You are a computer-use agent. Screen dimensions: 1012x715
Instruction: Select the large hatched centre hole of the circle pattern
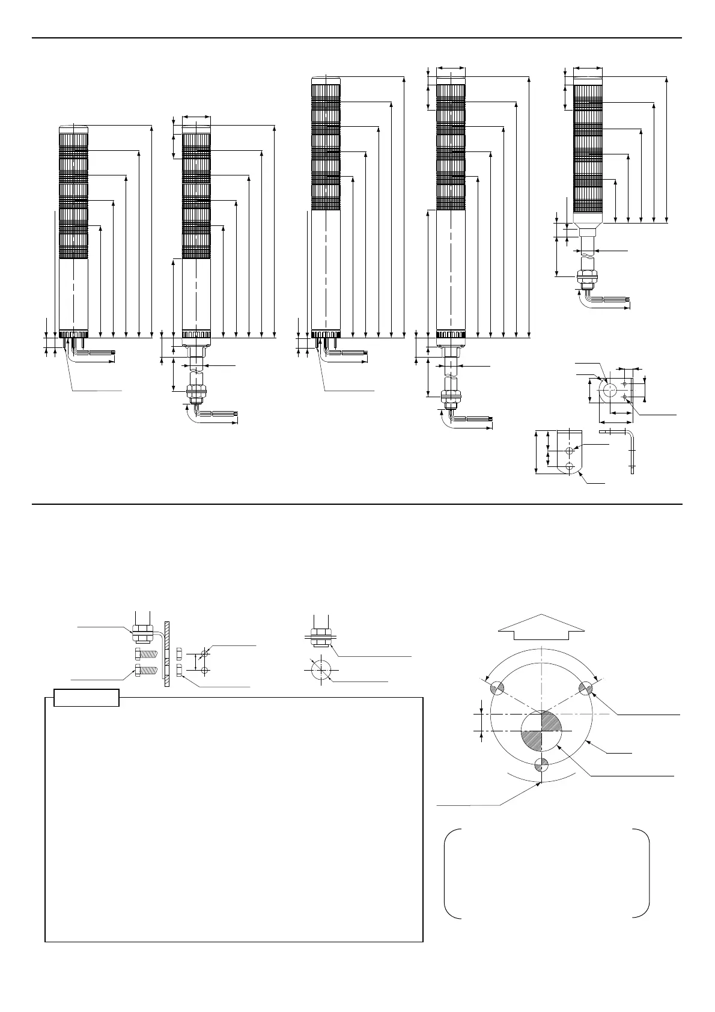coord(541,731)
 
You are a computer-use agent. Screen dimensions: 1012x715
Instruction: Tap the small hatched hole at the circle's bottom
coord(541,764)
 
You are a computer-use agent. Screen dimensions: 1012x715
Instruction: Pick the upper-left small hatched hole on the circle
coord(497,688)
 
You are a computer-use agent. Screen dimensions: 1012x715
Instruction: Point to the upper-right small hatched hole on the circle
coord(586,688)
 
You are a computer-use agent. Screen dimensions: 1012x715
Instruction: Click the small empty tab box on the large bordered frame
coord(87,698)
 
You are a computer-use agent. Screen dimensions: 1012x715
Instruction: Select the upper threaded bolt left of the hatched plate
coord(147,654)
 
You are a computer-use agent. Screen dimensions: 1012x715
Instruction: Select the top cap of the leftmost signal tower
coord(73,128)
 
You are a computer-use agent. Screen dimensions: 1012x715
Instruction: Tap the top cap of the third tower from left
coord(325,79)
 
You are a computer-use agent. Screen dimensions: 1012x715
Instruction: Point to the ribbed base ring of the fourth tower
coord(451,334)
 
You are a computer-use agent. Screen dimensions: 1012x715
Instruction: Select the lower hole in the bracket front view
coord(570,466)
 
